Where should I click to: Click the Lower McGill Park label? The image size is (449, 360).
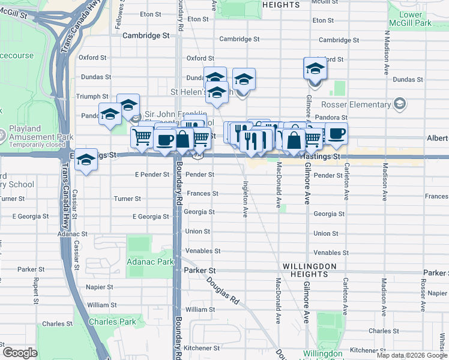[x=415, y=19]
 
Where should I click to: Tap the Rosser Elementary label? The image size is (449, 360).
[x=355, y=105]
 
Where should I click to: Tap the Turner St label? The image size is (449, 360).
[x=127, y=198]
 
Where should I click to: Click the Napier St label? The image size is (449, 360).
[x=97, y=288]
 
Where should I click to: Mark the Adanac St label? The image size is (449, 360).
[x=72, y=234]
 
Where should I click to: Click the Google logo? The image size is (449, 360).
[x=20, y=353]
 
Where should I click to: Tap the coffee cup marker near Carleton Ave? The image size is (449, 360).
[x=336, y=133]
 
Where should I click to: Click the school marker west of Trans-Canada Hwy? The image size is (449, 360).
[x=86, y=160]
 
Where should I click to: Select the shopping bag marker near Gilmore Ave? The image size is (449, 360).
[x=294, y=141]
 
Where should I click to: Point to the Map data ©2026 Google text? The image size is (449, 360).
[x=412, y=355]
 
